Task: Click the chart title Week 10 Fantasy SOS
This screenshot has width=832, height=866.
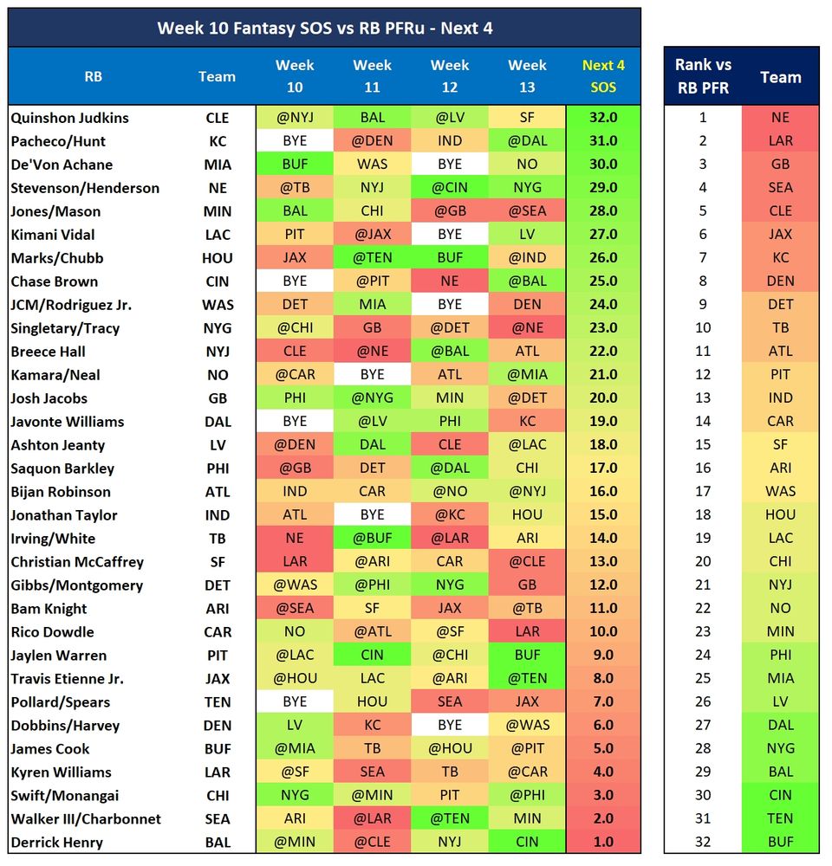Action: (x=324, y=28)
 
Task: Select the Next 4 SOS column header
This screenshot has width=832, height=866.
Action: (x=603, y=76)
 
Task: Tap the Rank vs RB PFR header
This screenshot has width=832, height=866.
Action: (x=703, y=76)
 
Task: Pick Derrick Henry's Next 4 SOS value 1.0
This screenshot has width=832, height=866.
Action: (x=603, y=843)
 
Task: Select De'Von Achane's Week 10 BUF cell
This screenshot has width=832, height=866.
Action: (x=295, y=165)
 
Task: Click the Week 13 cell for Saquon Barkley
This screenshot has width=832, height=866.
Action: (x=527, y=469)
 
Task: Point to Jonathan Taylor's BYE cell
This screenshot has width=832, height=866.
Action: (x=372, y=515)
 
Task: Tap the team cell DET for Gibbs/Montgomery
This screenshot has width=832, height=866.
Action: (x=217, y=585)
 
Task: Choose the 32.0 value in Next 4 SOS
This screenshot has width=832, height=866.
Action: (x=603, y=118)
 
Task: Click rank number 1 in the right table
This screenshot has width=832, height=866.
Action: (x=703, y=118)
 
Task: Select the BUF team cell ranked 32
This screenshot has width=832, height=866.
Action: (x=780, y=843)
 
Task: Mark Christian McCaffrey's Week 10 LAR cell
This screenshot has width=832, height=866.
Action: (x=295, y=562)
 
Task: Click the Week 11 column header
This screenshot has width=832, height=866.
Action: (x=372, y=76)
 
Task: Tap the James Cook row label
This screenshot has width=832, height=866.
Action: (x=50, y=749)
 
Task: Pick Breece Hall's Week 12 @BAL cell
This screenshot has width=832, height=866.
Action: (x=450, y=352)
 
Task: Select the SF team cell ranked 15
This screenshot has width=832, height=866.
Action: (x=780, y=445)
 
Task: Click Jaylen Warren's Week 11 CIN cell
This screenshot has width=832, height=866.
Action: (x=372, y=656)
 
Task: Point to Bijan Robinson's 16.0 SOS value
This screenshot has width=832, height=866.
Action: (x=603, y=492)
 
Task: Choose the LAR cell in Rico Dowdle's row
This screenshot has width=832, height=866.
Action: (x=527, y=632)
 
